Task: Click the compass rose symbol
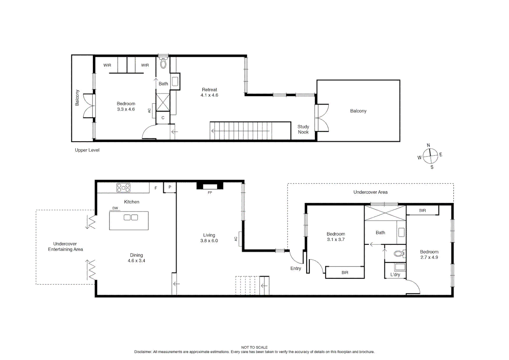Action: point(430,156)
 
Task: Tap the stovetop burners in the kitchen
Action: point(123,188)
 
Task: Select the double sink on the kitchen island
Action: point(131,218)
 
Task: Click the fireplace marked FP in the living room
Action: point(210,186)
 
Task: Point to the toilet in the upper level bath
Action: point(163,63)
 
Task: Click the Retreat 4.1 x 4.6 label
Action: point(209,92)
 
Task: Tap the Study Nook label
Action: point(303,129)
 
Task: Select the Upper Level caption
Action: point(87,150)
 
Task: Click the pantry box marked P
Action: point(170,187)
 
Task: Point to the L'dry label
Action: point(395,275)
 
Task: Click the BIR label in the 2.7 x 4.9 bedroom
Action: point(422,210)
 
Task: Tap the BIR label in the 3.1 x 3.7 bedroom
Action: point(345,273)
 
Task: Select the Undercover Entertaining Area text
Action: point(65,247)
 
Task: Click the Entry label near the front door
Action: point(296,268)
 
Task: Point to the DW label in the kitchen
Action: point(115,208)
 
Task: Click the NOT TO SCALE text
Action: point(254,347)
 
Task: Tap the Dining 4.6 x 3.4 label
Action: point(136,258)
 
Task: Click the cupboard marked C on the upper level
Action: point(163,118)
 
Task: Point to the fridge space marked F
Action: point(156,188)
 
